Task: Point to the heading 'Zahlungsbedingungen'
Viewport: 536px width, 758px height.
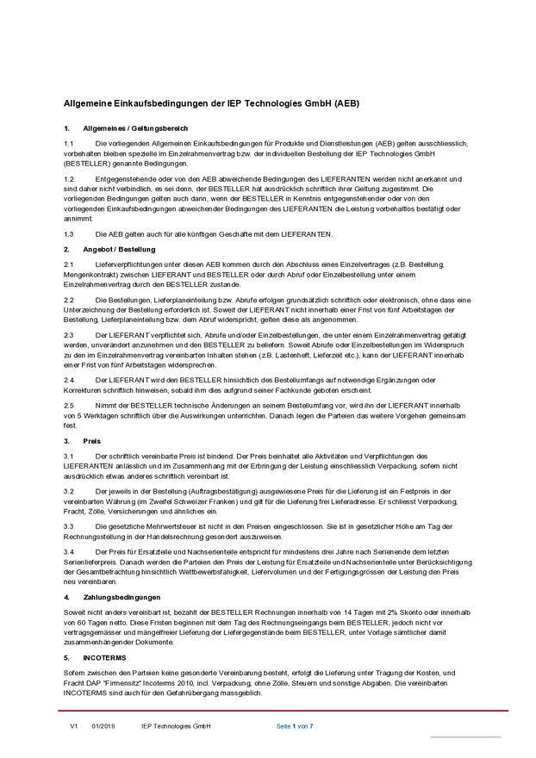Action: [122, 596]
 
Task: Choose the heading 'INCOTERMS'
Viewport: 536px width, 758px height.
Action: [103, 655]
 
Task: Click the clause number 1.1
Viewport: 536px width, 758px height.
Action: [69, 142]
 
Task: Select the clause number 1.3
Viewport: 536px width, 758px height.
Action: [69, 234]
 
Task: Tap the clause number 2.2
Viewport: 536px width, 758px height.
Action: [69, 299]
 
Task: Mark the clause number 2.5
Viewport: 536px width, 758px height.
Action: [69, 405]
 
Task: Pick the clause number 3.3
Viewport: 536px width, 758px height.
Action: [69, 525]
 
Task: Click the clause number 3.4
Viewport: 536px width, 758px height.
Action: [69, 550]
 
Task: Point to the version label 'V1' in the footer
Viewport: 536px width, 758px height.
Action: [74, 727]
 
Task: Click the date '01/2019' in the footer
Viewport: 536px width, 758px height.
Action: [103, 727]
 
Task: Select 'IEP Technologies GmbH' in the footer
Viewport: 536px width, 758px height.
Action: [176, 727]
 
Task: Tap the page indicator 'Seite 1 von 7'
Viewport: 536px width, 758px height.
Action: [295, 727]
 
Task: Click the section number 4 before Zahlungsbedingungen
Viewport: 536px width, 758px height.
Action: [66, 596]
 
